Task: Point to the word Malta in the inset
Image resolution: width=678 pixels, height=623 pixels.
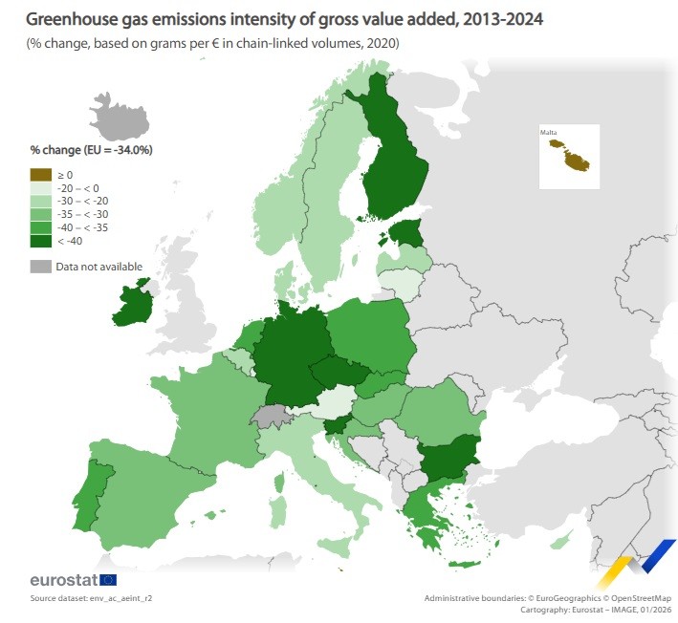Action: tap(549, 132)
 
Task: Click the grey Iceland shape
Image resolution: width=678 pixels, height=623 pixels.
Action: tap(123, 118)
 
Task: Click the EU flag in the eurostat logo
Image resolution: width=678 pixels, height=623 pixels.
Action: tap(108, 580)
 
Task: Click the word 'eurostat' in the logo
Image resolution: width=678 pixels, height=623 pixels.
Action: tap(64, 580)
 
